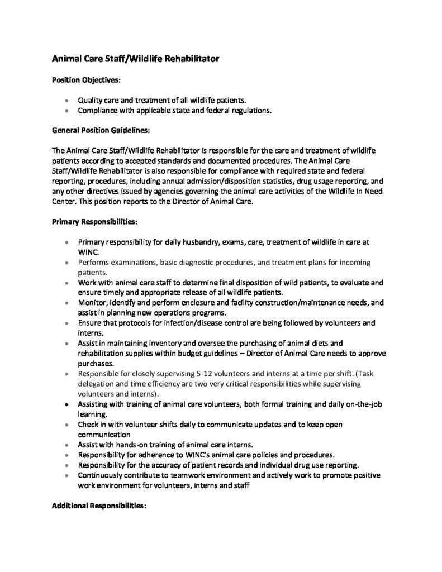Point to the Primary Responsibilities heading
pos(94,222)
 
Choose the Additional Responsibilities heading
pos(99,506)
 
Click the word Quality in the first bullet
pos(89,101)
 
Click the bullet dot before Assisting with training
pos(67,404)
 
